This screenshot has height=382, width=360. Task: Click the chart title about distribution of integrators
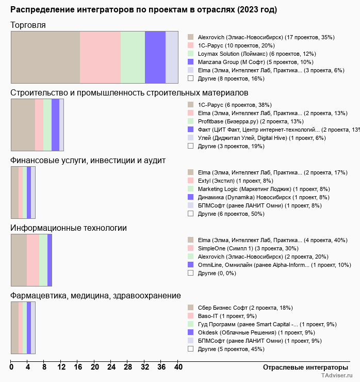point(143,10)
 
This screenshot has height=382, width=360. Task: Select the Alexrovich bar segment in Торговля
point(45,57)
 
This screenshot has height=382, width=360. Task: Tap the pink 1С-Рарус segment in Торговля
point(100,57)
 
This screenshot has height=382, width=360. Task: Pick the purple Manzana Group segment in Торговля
point(155,57)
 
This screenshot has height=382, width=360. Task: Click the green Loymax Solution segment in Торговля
point(133,57)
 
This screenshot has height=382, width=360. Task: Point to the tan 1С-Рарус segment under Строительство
point(23,125)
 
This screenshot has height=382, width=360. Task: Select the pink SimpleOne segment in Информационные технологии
point(33,260)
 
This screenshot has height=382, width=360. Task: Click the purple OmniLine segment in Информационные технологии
point(50,260)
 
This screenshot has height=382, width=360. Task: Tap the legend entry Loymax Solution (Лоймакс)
point(257,54)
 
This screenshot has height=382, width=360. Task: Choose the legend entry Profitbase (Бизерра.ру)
point(251,121)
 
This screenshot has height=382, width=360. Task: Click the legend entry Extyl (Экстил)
point(235,181)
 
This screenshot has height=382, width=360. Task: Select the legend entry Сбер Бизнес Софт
point(245,308)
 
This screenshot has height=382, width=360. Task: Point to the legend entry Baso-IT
point(227,316)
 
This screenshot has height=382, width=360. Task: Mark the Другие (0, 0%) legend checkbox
point(191,273)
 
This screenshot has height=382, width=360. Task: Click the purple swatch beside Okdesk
point(191,332)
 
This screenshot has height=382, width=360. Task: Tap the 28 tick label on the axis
point(128,367)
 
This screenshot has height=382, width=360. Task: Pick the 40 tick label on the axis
point(178,367)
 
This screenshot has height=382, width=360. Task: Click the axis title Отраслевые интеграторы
point(305,368)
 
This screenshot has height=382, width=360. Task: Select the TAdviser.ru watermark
point(337,375)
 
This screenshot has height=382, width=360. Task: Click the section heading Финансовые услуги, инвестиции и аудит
point(88,161)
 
